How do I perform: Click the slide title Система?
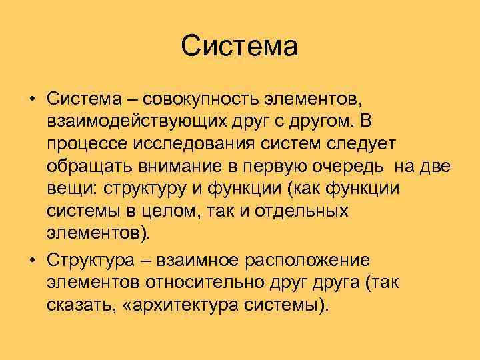(x=239, y=47)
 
